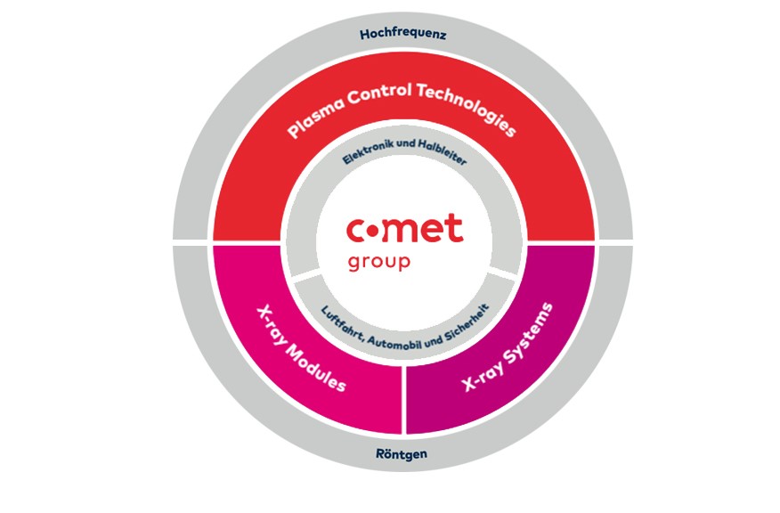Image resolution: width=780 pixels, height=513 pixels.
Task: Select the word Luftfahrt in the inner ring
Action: click(338, 316)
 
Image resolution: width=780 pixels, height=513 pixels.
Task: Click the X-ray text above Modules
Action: click(272, 323)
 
